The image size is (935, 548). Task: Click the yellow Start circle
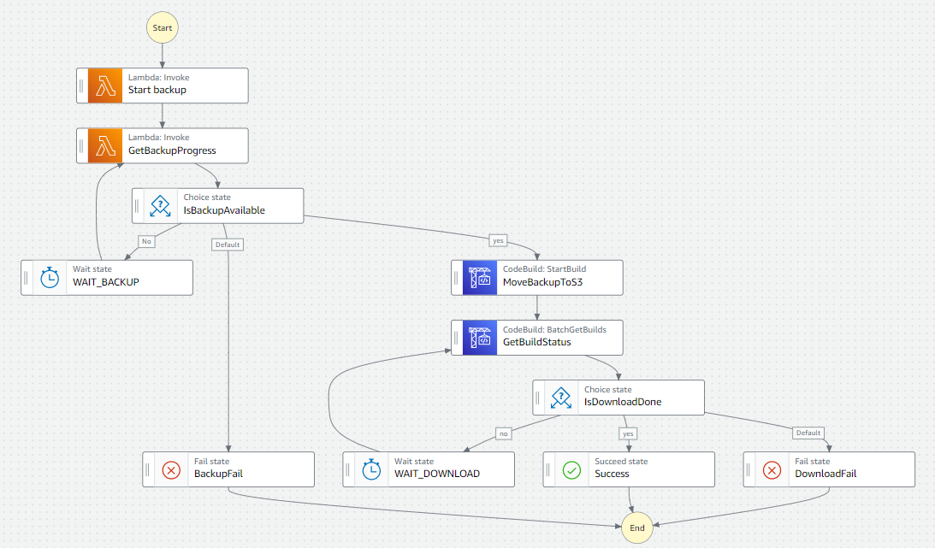coord(163,27)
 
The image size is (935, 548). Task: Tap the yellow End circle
coord(637,527)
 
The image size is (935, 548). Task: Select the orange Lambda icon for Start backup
coord(106,85)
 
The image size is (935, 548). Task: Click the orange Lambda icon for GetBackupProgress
coord(106,145)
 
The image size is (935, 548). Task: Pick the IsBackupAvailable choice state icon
coord(161,205)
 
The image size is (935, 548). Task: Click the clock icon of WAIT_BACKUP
coord(50,277)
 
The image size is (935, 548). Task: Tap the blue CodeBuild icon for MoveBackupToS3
coord(480,277)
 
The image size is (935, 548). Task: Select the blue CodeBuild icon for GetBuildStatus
coord(480,337)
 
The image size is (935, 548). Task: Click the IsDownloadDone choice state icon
coord(561,397)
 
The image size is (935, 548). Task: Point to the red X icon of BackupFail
coord(171,468)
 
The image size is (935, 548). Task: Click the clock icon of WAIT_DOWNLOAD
coord(371,468)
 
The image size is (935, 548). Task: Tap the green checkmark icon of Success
coord(571,468)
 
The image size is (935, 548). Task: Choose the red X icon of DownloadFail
coord(772,468)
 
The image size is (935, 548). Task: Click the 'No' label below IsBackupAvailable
coord(146,241)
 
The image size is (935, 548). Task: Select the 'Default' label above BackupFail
coord(228,245)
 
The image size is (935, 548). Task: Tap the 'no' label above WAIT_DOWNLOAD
coord(504,433)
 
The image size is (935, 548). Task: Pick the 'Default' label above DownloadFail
coord(808,433)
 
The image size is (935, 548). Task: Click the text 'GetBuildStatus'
coord(536,342)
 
